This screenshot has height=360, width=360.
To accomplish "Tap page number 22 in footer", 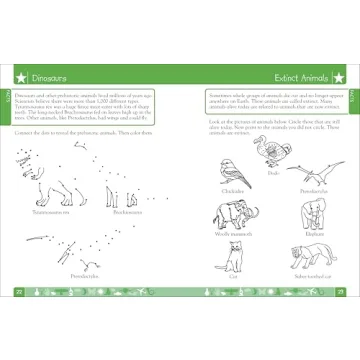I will pos(19,291).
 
